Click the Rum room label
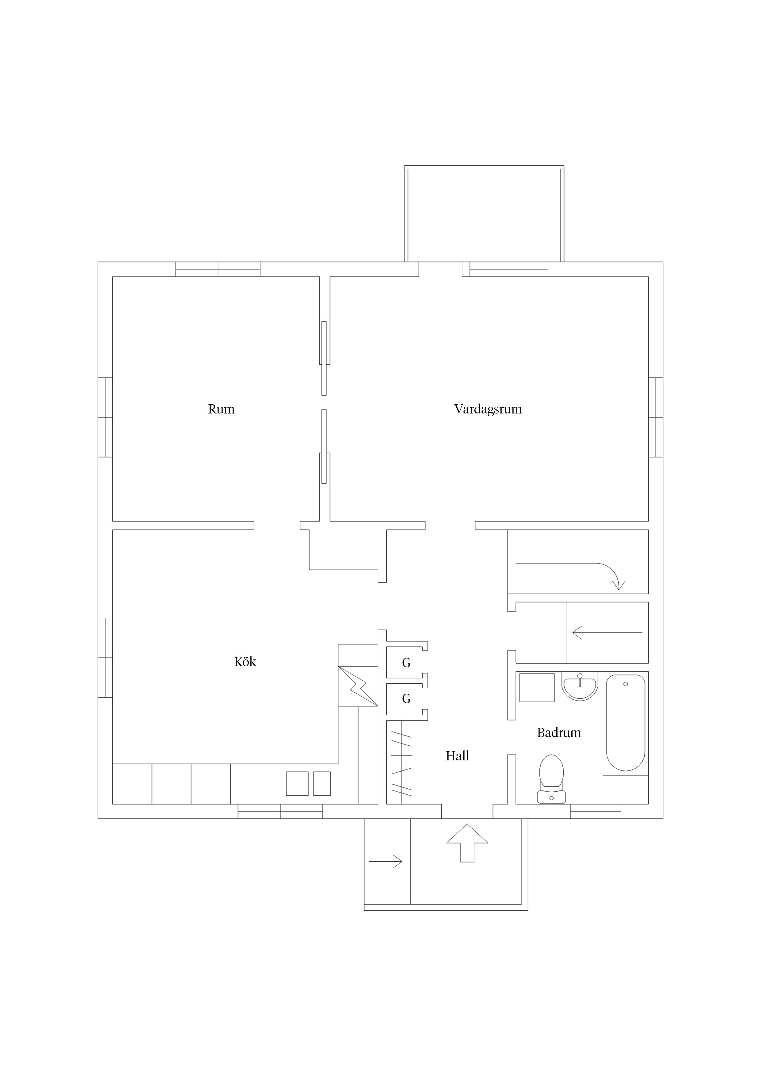221,409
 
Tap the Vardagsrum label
488,409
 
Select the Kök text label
245,662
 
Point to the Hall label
457,755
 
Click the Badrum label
559,732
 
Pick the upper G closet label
407,663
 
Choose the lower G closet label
407,699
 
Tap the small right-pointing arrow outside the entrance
385,861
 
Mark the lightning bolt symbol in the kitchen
358,686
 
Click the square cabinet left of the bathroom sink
537,687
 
